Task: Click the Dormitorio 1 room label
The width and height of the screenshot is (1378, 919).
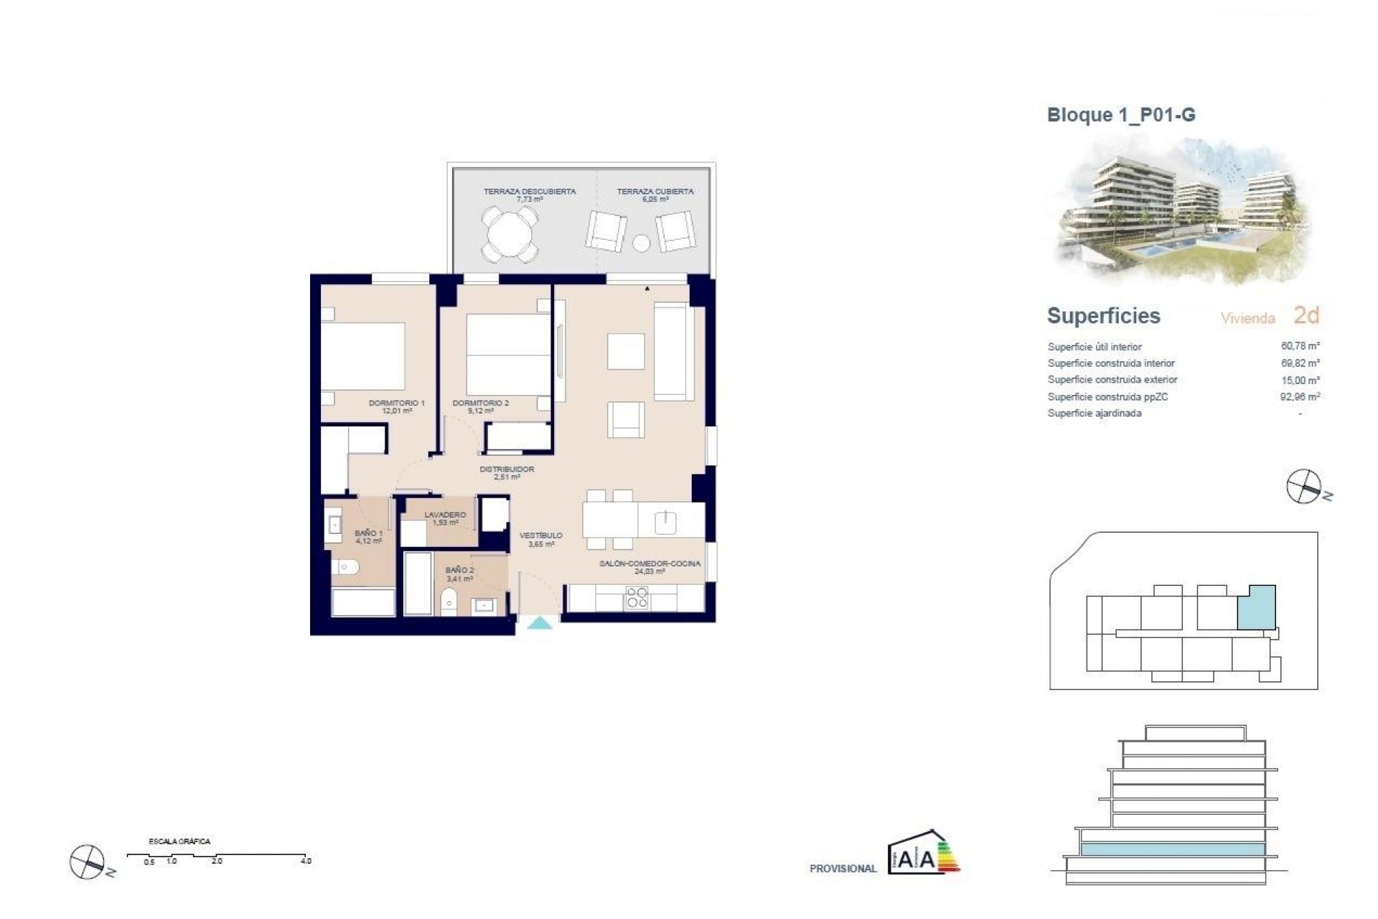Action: [397, 406]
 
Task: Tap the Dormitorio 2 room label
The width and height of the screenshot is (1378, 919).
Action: [480, 406]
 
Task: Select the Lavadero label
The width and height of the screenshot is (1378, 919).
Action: [445, 518]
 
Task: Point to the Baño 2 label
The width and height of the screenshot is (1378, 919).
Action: [459, 574]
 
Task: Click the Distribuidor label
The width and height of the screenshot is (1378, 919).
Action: [507, 472]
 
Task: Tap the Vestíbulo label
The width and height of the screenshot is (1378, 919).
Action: [541, 539]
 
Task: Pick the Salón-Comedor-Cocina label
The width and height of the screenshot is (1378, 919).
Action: [650, 567]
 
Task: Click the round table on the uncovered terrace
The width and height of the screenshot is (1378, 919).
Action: [510, 234]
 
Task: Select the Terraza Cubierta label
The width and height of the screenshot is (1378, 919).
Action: [655, 195]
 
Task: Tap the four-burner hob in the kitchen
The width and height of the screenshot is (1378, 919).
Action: [637, 597]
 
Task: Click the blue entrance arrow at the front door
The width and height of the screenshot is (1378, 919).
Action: [540, 624]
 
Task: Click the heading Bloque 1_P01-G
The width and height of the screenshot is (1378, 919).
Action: [1121, 115]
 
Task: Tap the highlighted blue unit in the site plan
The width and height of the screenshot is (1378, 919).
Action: [1257, 607]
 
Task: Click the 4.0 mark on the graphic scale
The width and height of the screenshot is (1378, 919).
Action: [306, 860]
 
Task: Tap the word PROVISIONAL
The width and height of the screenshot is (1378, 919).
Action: [843, 869]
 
